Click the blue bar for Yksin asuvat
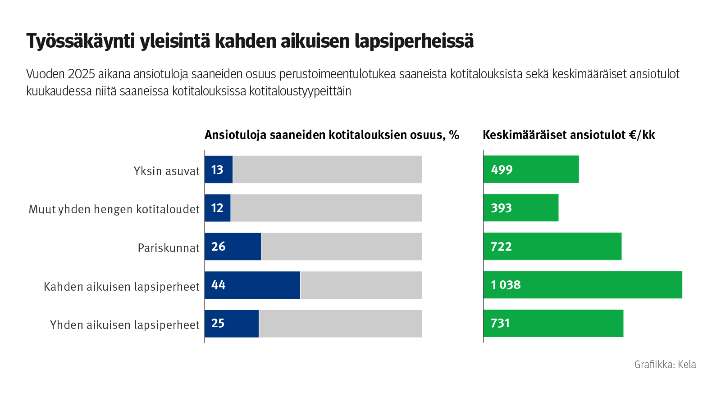tap(219, 170)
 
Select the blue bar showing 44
tap(252, 285)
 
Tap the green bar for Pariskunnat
tap(552, 247)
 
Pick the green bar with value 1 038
tap(583, 285)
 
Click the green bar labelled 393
tap(521, 208)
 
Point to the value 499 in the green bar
tap(502, 170)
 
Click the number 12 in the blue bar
tap(217, 208)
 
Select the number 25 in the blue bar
tap(218, 324)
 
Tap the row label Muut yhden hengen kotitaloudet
tap(114, 209)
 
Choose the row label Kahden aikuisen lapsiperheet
tap(122, 287)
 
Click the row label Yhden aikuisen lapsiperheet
tap(125, 325)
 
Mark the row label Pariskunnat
tap(169, 248)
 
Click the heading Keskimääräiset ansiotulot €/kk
tap(569, 135)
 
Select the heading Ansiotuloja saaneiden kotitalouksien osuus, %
tap(332, 135)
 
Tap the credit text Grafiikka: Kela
tap(665, 364)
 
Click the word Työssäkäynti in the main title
tap(80, 41)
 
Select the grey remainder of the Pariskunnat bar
tap(341, 247)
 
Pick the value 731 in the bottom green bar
tap(500, 324)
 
